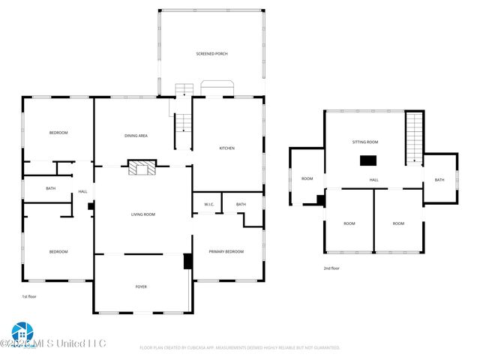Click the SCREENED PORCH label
coord(211,54)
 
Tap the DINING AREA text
coord(136,136)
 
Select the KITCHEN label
coord(226,148)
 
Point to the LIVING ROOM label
coord(142,214)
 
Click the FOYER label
coord(141,286)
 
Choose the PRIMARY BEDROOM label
coord(226,251)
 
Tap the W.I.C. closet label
coord(209,205)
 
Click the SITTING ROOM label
coord(365,142)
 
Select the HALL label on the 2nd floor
coord(373,180)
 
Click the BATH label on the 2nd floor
coord(439,180)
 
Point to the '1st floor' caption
coord(29,297)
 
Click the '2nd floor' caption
coord(331,268)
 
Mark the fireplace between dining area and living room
coord(141,168)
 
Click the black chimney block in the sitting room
coord(367,160)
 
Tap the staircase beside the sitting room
coord(415,136)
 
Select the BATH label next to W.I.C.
coord(241,205)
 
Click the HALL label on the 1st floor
coord(83,192)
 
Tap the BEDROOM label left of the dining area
coord(58,133)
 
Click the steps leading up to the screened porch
coord(184,90)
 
